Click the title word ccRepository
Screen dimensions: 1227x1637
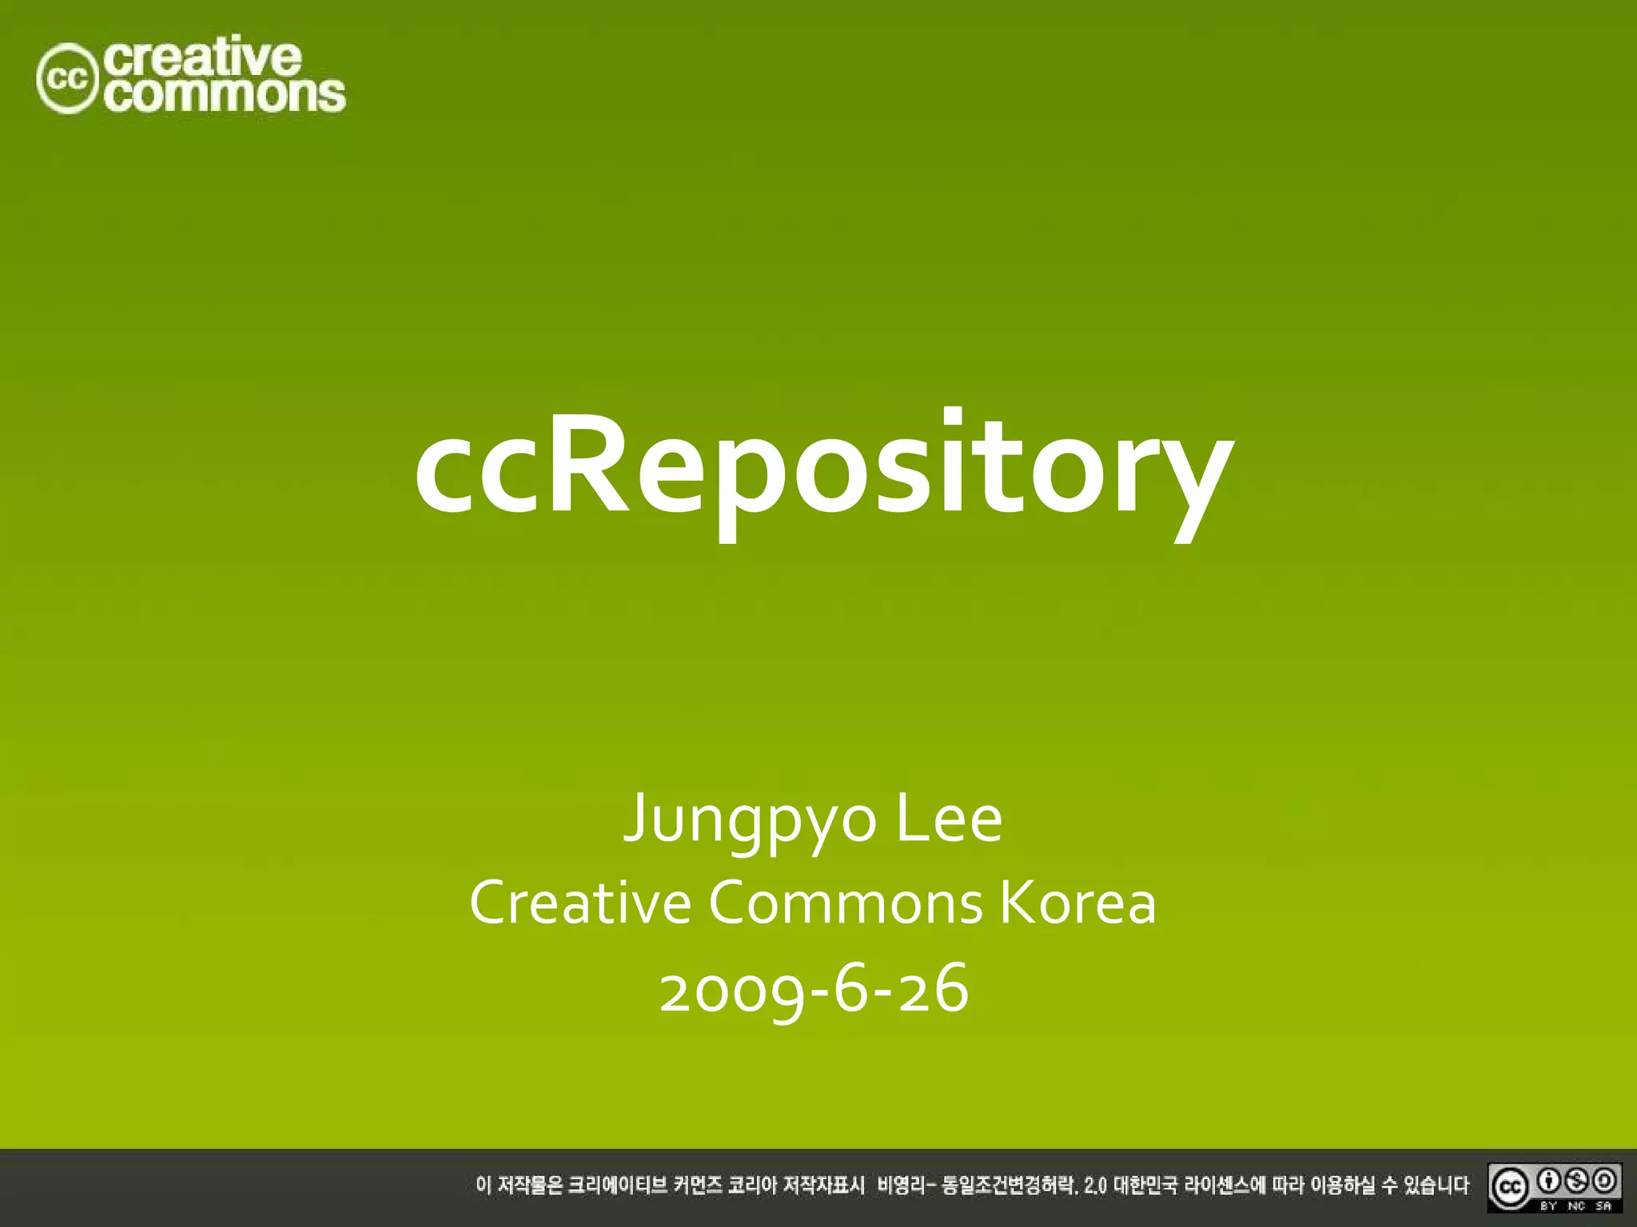click(823, 471)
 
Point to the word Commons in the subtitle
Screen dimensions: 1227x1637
click(846, 903)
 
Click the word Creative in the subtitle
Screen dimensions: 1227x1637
click(580, 903)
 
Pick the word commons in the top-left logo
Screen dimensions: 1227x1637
click(226, 95)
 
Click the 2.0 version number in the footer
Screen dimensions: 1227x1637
click(1095, 1186)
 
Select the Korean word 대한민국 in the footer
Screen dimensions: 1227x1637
click(1145, 1185)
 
